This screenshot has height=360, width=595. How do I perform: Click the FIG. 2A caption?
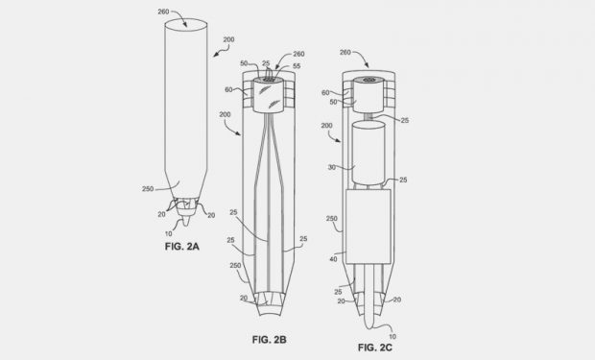181,247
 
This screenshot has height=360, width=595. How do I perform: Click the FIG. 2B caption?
269,340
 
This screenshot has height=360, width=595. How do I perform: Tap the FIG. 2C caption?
375,348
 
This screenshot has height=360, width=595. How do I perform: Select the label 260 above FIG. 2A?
163,12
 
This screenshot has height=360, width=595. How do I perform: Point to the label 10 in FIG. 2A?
169,234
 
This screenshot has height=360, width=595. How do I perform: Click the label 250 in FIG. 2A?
148,189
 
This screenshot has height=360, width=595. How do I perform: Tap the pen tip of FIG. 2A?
185,221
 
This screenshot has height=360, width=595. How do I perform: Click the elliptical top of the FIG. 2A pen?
186,25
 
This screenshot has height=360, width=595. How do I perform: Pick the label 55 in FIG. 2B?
297,66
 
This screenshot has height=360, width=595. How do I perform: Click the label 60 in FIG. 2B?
228,89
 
